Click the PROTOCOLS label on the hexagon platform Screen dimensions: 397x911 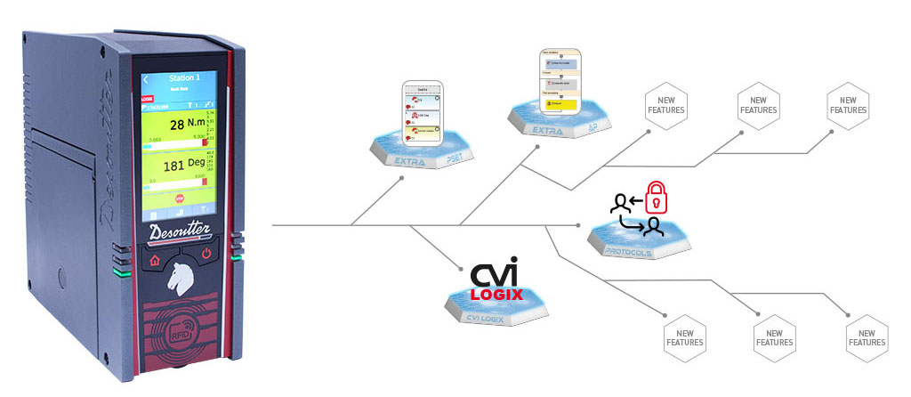tap(626, 251)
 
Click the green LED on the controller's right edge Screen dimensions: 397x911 tap(236, 258)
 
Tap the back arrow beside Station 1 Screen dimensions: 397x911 tap(146, 78)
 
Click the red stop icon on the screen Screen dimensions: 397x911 tap(179, 199)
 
